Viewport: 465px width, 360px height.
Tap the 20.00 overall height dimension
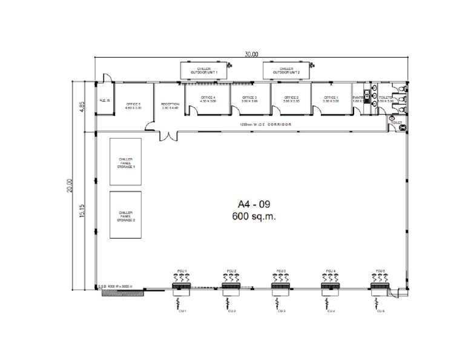70,185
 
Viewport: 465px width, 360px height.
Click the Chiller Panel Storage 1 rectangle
125,162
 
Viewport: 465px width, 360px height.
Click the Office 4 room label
208,99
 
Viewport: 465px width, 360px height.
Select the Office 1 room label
331,99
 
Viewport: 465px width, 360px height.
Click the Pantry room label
358,98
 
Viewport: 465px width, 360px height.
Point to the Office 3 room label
249,99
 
